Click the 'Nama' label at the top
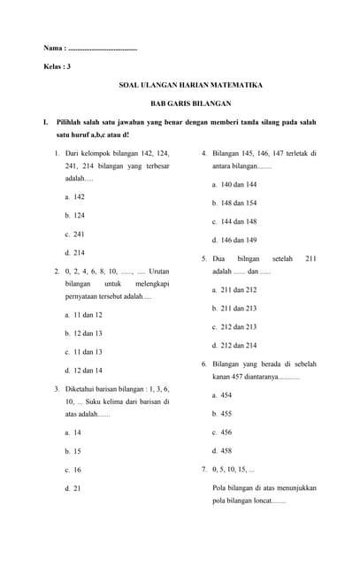(x=54, y=48)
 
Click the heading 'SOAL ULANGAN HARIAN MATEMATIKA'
(x=191, y=85)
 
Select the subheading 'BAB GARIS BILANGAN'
(x=191, y=103)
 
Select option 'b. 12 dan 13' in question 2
(x=84, y=333)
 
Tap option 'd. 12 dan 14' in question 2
(x=84, y=371)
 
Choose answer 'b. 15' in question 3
(x=73, y=451)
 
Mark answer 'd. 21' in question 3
(x=73, y=488)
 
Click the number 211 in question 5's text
(x=310, y=258)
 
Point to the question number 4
(x=204, y=153)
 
